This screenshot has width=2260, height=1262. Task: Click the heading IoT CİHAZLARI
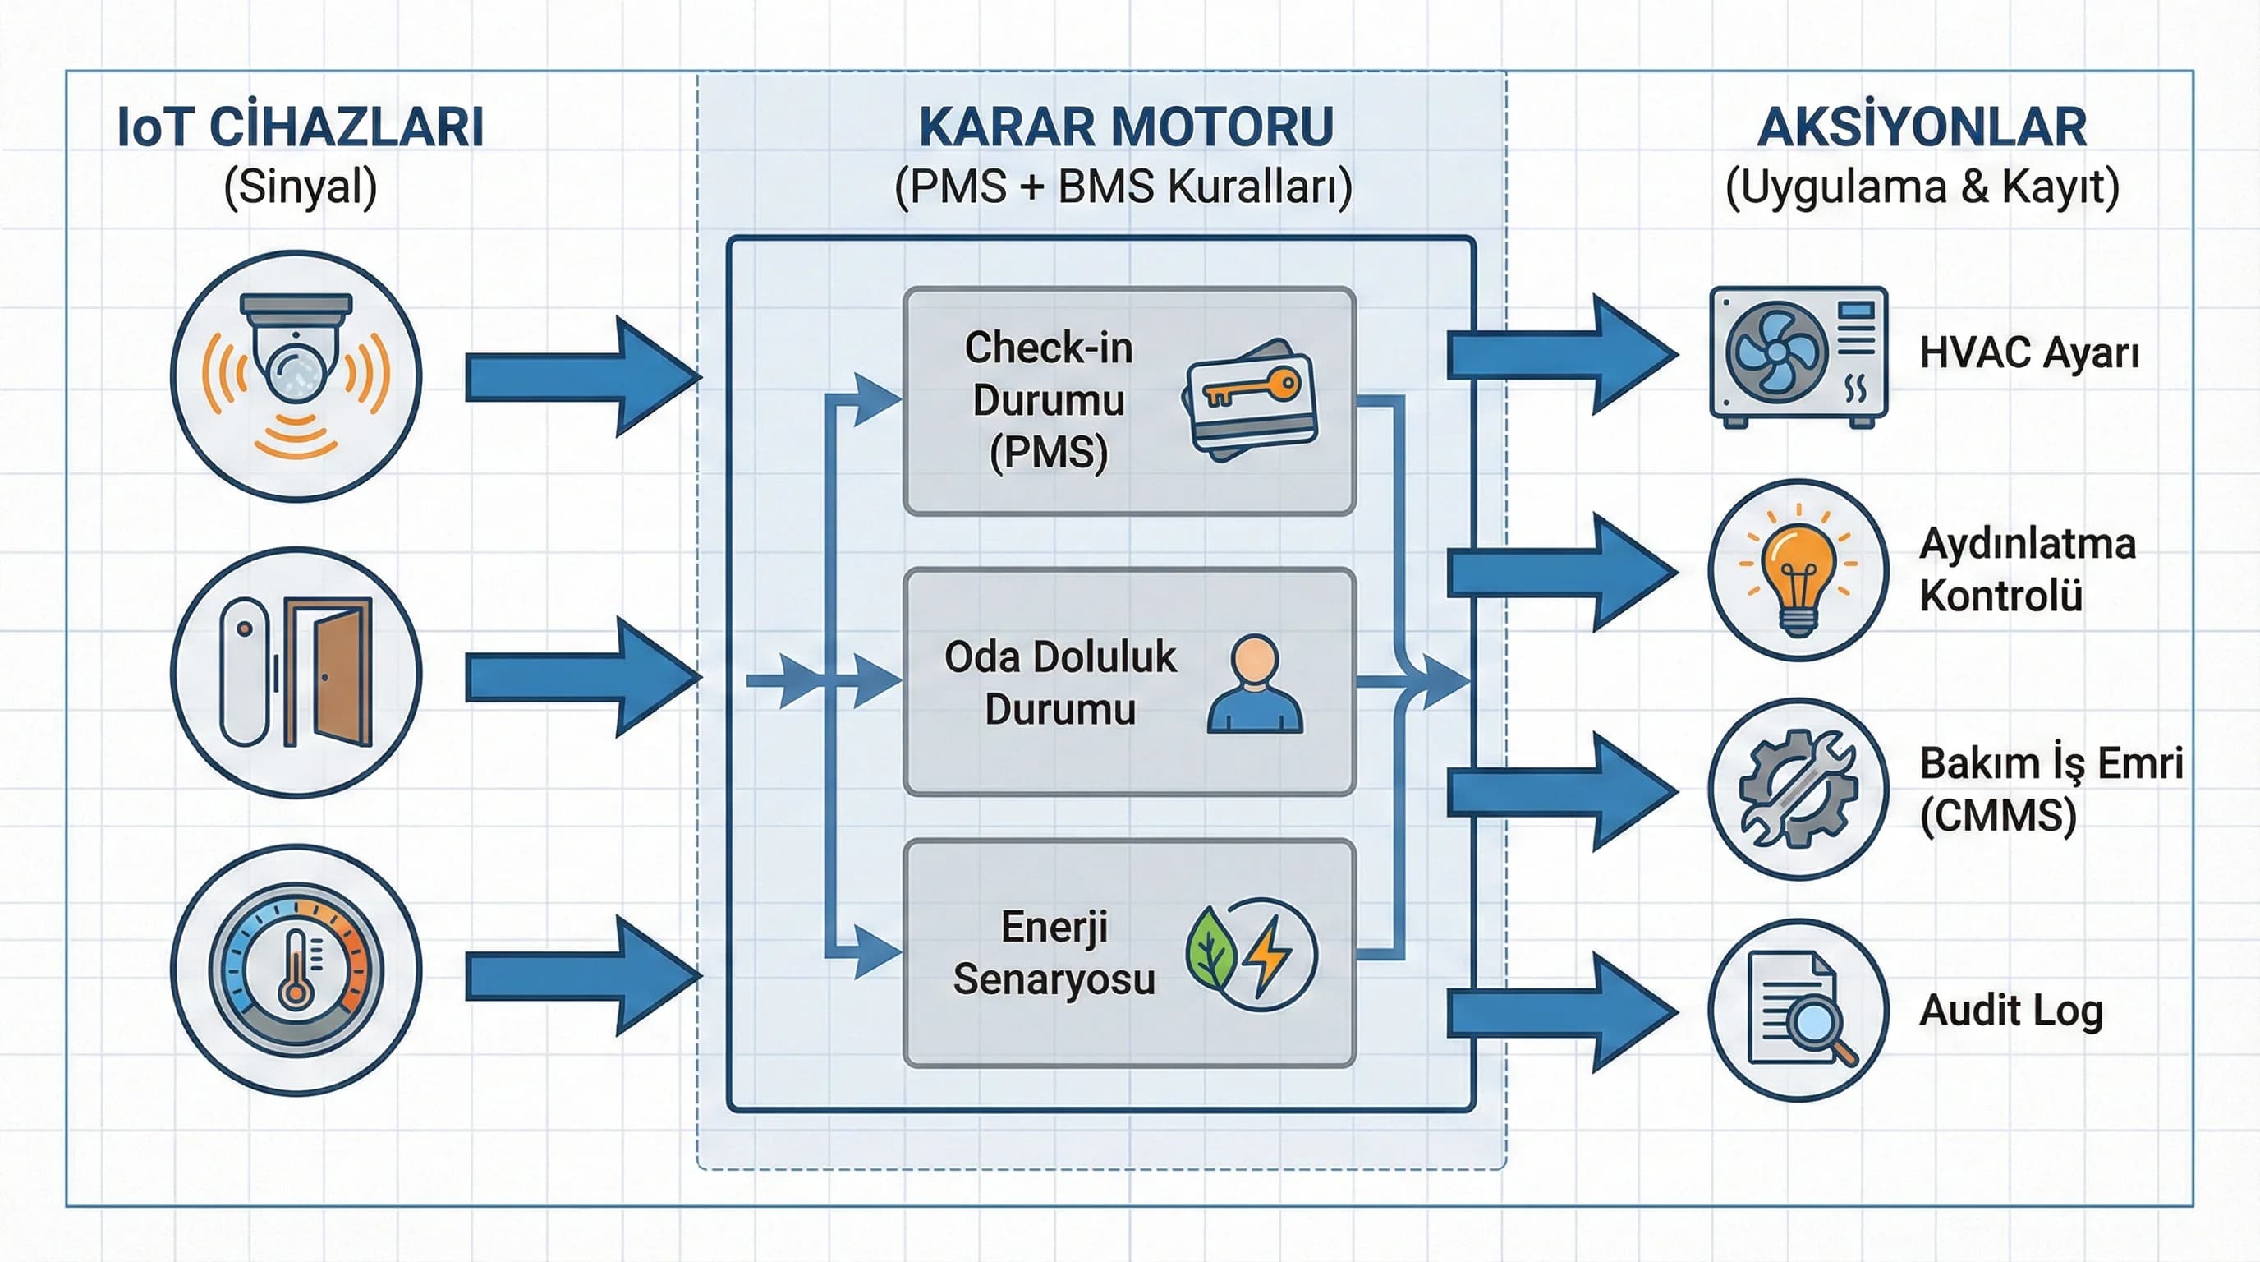(300, 127)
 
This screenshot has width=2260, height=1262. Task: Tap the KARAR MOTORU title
(1126, 127)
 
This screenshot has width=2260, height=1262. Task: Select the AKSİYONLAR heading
(1922, 127)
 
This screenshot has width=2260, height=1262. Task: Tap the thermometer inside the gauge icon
(296, 970)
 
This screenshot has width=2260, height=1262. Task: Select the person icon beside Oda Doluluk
(1255, 684)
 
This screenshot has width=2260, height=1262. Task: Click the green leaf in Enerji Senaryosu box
(1211, 950)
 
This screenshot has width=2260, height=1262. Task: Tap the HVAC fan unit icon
(1798, 356)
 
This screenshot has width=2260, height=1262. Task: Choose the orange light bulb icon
(1798, 569)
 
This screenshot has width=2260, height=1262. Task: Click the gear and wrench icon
(1798, 789)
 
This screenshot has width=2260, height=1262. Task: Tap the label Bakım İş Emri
(2051, 762)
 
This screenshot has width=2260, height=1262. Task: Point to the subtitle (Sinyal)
(300, 187)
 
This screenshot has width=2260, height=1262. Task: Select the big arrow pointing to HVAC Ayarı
(1562, 355)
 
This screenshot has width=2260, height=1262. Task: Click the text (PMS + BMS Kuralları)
(1123, 187)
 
